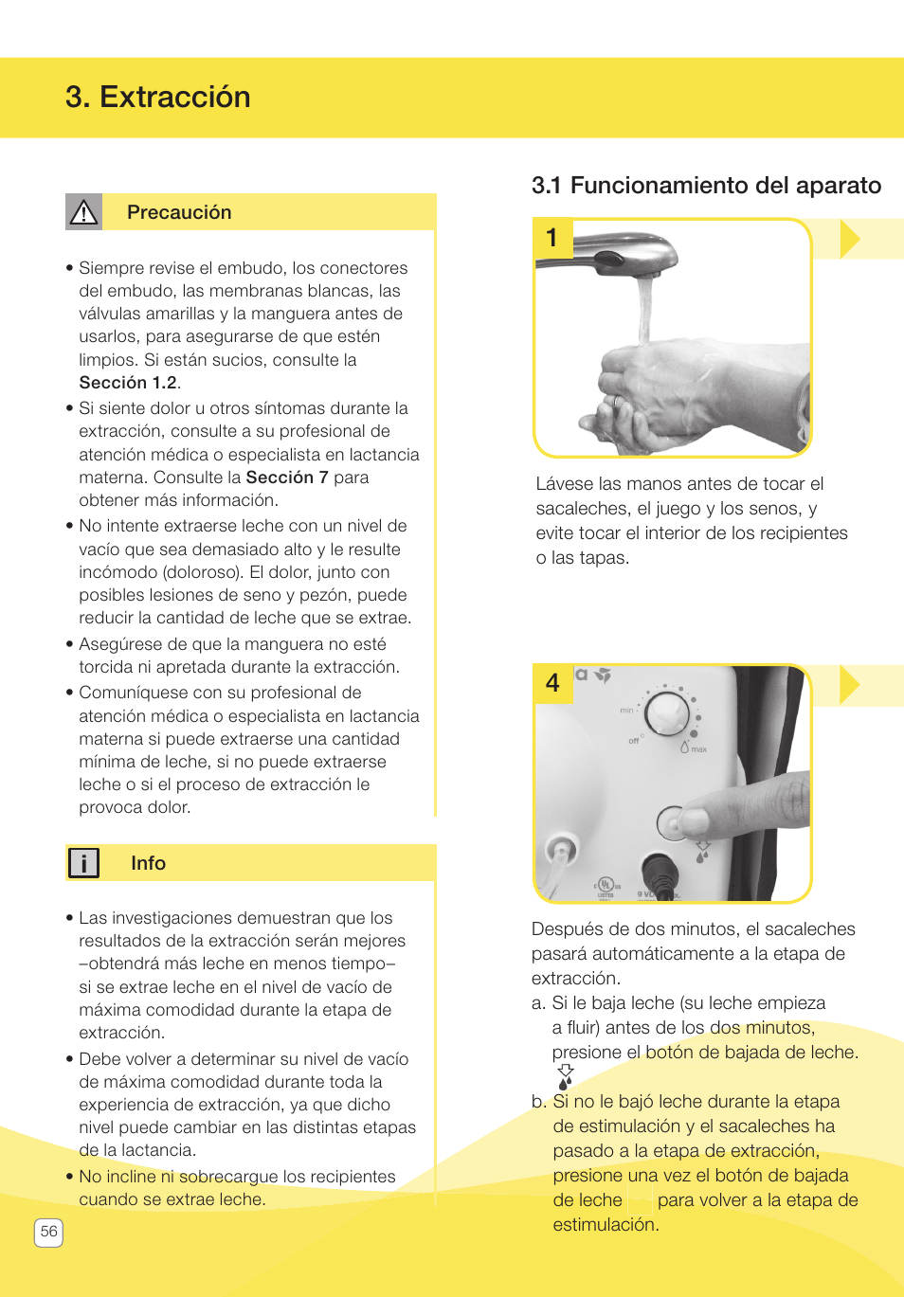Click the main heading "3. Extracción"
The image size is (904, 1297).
(158, 98)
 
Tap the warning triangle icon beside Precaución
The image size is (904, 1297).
(83, 212)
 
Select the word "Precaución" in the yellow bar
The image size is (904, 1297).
(179, 212)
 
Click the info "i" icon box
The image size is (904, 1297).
(83, 863)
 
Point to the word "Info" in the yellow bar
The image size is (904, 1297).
(148, 863)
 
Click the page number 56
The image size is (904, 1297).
(48, 1232)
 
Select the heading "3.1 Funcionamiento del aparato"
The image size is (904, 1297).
(706, 186)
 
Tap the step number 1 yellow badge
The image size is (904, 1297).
(552, 238)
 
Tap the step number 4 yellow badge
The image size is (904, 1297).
(552, 682)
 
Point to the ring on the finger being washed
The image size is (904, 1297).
(616, 401)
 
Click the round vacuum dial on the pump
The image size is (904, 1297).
(668, 712)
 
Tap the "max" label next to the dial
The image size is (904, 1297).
(698, 749)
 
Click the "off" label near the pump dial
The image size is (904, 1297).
(634, 741)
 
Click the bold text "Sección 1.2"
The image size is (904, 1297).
(128, 383)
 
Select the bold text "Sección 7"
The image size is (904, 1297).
(286, 477)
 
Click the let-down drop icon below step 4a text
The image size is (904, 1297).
(566, 1077)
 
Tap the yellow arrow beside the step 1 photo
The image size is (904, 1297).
(849, 239)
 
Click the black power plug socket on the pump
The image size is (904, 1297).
(659, 870)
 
